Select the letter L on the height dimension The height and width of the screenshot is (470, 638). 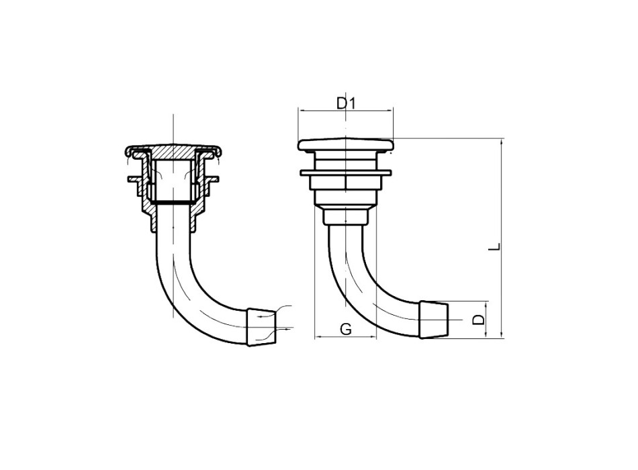coord(494,246)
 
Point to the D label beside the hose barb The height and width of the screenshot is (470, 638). coord(477,319)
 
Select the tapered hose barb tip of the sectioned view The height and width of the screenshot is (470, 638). coord(263,327)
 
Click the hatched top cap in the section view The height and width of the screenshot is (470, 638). coord(173,150)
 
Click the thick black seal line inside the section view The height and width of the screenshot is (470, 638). coord(173,202)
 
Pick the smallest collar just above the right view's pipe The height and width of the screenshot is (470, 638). coord(345,218)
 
